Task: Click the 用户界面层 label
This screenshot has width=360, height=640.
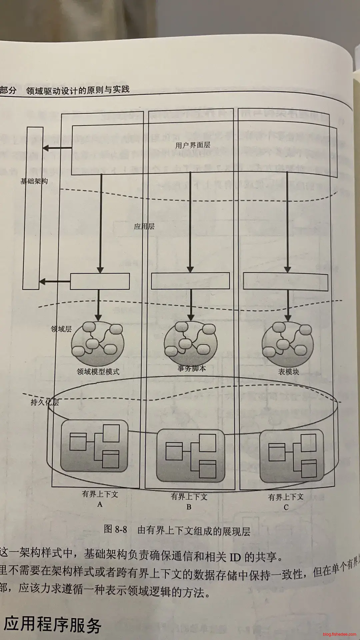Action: [x=193, y=145]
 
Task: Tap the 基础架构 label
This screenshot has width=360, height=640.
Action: [x=34, y=181]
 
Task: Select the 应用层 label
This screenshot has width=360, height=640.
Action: [x=144, y=227]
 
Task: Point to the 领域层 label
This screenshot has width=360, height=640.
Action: [x=61, y=329]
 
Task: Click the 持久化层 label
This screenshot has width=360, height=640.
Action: [x=45, y=402]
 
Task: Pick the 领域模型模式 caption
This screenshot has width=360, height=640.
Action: [x=98, y=371]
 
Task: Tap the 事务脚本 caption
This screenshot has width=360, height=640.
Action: [x=192, y=368]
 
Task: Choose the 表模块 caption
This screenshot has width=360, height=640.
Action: [x=289, y=372]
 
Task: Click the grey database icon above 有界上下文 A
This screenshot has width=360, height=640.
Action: [x=94, y=445]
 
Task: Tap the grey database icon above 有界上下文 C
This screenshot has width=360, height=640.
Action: [x=292, y=456]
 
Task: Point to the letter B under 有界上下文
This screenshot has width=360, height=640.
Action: [x=189, y=507]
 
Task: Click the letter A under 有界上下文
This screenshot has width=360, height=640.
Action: [x=100, y=504]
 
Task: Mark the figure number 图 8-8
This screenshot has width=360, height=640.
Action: [x=115, y=529]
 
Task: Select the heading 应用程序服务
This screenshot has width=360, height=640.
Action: [x=52, y=624]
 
